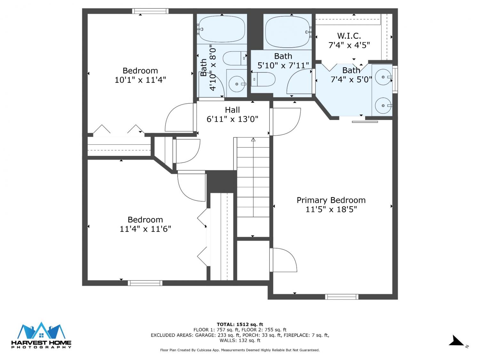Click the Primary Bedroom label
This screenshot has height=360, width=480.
(x=331, y=200)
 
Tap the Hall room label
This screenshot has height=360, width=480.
(x=232, y=110)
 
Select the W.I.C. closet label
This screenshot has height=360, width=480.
(x=349, y=36)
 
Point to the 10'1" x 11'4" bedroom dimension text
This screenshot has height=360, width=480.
(x=140, y=80)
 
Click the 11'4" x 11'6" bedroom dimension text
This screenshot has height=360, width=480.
(x=145, y=229)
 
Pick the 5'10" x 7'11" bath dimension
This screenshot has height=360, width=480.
(x=283, y=65)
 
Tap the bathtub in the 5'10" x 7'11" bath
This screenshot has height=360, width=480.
(x=288, y=32)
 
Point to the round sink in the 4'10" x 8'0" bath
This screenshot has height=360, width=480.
(x=237, y=84)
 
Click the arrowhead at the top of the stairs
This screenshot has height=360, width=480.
(x=253, y=140)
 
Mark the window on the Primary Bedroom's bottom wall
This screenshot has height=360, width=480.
(x=341, y=297)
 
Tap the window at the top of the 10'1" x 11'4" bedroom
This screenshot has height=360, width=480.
(x=150, y=11)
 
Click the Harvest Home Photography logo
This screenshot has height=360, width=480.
(x=41, y=335)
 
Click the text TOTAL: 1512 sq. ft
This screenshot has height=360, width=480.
(x=240, y=324)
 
